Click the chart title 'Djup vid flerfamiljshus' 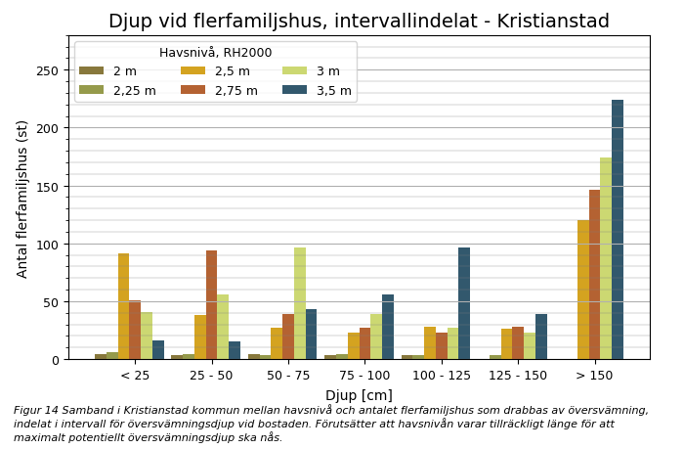[x=359, y=22]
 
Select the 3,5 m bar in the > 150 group [x=618, y=230]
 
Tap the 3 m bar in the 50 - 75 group [x=300, y=303]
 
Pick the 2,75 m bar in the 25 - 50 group [x=211, y=305]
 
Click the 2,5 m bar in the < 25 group [x=123, y=306]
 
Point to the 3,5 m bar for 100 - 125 [x=464, y=303]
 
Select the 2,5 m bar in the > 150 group [x=583, y=290]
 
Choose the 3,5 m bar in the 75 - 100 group [x=388, y=327]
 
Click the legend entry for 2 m [x=107, y=71]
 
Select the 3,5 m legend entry [x=319, y=91]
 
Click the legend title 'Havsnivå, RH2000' [x=215, y=53]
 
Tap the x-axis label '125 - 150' [x=518, y=376]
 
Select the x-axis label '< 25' [x=135, y=376]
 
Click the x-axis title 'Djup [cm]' [x=359, y=395]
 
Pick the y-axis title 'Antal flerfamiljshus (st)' [x=22, y=199]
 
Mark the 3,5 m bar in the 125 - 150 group [x=541, y=337]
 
